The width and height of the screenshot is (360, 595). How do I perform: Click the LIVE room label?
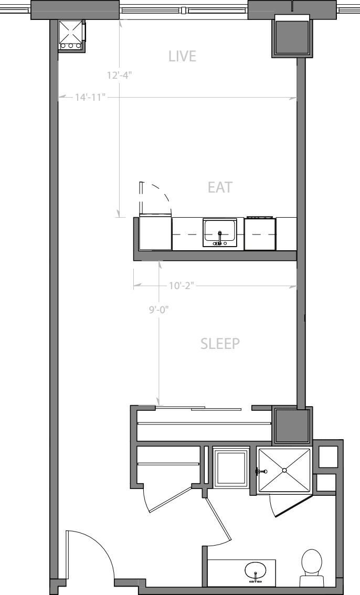(x=182, y=56)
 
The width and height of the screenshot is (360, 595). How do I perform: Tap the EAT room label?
(x=219, y=187)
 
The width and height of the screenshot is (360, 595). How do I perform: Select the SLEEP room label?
(x=220, y=344)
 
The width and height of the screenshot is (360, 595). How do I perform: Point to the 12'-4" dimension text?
(x=119, y=75)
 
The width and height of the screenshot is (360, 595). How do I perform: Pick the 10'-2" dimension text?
(x=182, y=286)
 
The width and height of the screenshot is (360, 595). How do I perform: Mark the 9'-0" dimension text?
(x=158, y=310)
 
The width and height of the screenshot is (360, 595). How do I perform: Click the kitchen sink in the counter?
(x=220, y=232)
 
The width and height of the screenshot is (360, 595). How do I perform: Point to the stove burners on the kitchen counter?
(x=260, y=217)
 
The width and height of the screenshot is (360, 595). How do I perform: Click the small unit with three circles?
(x=71, y=36)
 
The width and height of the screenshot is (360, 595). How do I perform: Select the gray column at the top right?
(x=292, y=36)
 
